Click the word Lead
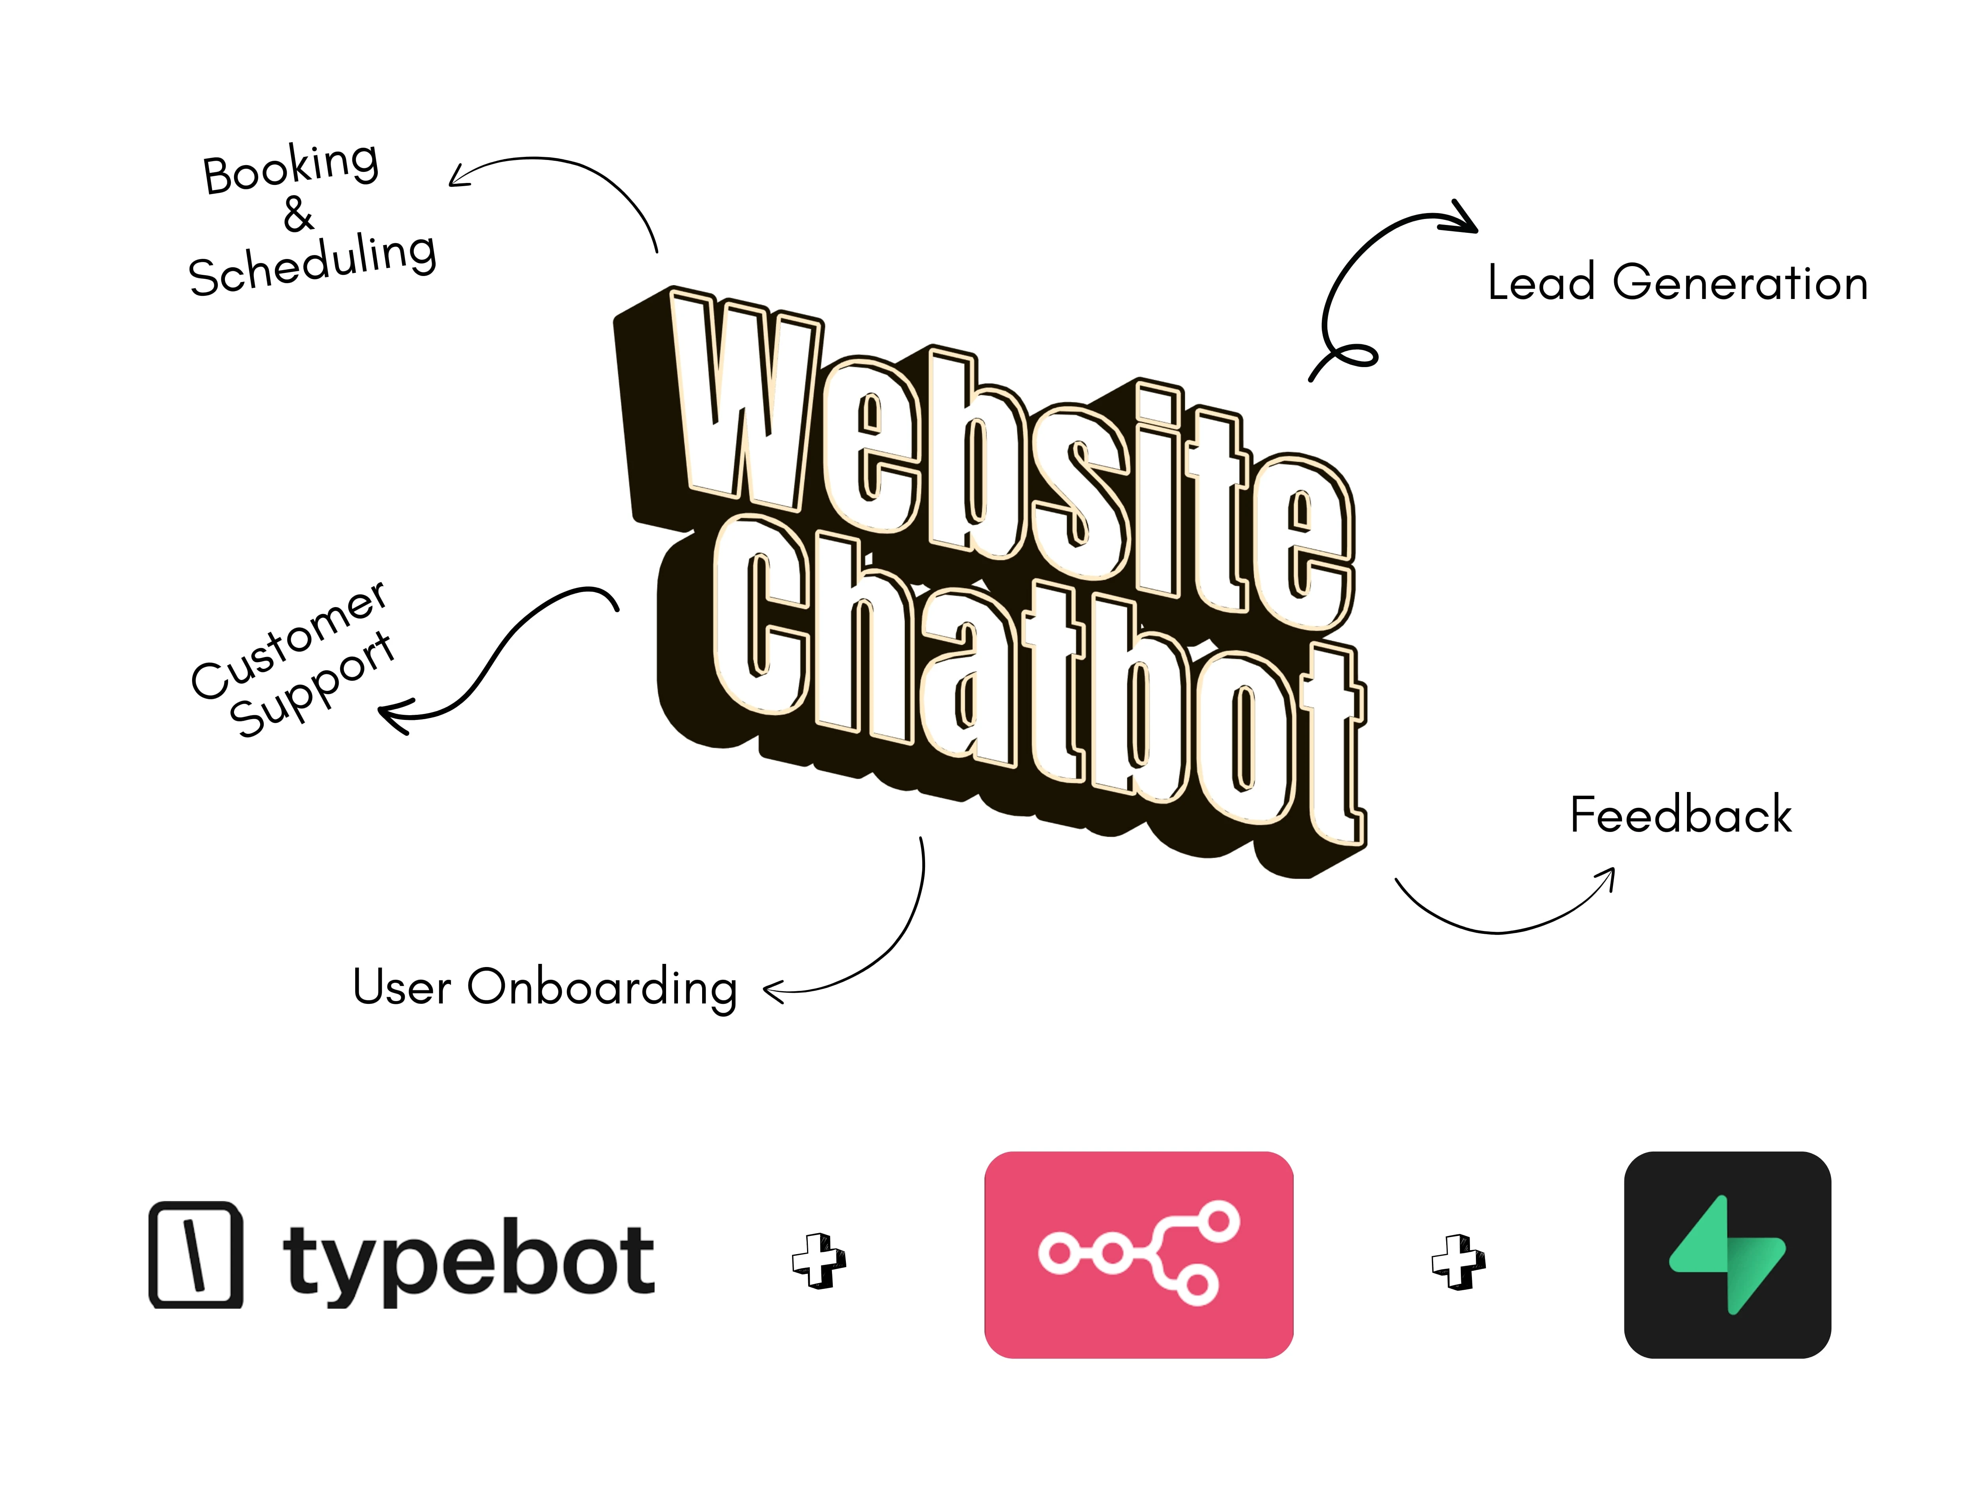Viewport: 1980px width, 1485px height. pos(1541,283)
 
